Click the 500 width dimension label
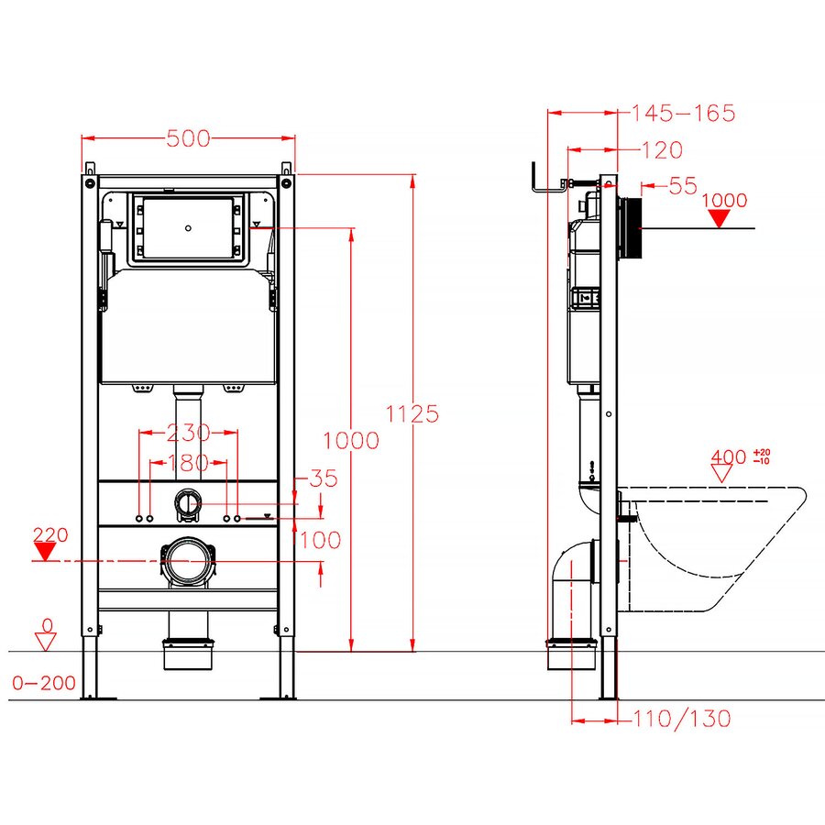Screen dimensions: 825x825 (188, 138)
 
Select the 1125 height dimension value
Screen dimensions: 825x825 (412, 414)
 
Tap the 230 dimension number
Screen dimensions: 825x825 (188, 433)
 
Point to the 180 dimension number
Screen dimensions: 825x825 (188, 463)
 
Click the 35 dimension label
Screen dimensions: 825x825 (323, 478)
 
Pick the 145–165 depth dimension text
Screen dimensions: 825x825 (683, 113)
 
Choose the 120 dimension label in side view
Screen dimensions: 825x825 (662, 150)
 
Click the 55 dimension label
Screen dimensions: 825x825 (683, 186)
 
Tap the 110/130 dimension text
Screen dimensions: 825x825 (682, 718)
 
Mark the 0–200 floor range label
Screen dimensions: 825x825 (44, 683)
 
